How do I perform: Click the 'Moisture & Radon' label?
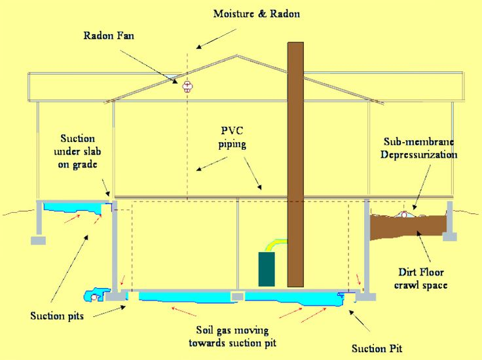click(x=257, y=13)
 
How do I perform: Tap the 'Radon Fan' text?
click(x=109, y=35)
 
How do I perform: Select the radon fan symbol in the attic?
click(x=188, y=86)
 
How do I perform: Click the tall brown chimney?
click(x=295, y=164)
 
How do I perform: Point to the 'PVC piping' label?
click(x=232, y=137)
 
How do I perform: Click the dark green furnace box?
click(x=267, y=268)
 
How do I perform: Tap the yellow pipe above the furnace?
click(x=274, y=243)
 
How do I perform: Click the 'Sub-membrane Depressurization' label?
click(x=419, y=149)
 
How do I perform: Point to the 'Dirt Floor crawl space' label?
click(x=422, y=278)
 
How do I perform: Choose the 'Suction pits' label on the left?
click(x=57, y=316)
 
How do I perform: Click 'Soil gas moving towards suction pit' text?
click(x=232, y=336)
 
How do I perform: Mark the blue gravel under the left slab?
click(x=72, y=207)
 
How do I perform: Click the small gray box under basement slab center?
click(x=238, y=297)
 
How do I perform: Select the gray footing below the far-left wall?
click(x=38, y=240)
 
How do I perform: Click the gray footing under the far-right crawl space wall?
click(x=449, y=236)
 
